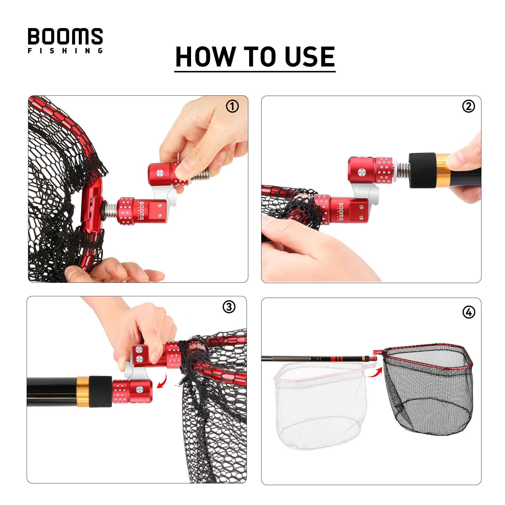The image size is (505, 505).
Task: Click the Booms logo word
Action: click(x=65, y=36)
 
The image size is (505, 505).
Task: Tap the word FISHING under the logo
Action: click(x=65, y=51)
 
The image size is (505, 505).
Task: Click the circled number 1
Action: click(x=232, y=106)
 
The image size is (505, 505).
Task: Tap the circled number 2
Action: click(x=469, y=106)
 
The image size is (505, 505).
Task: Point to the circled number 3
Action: click(x=229, y=307)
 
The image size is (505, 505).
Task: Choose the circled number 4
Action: click(x=469, y=312)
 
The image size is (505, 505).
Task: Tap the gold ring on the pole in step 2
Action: click(x=442, y=170)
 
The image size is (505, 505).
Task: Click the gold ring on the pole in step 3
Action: click(x=83, y=392)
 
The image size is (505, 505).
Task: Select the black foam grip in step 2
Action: click(x=422, y=170)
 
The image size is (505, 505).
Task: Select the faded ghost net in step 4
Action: click(x=320, y=405)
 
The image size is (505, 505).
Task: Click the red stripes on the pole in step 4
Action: click(x=337, y=359)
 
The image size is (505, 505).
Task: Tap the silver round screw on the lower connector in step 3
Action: click(x=139, y=389)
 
